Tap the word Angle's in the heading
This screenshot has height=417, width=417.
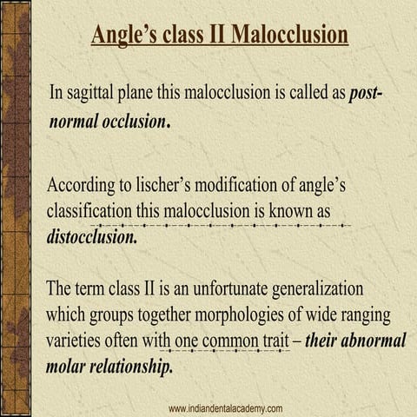coord(125,36)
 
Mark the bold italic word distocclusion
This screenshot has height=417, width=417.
coord(91,235)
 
